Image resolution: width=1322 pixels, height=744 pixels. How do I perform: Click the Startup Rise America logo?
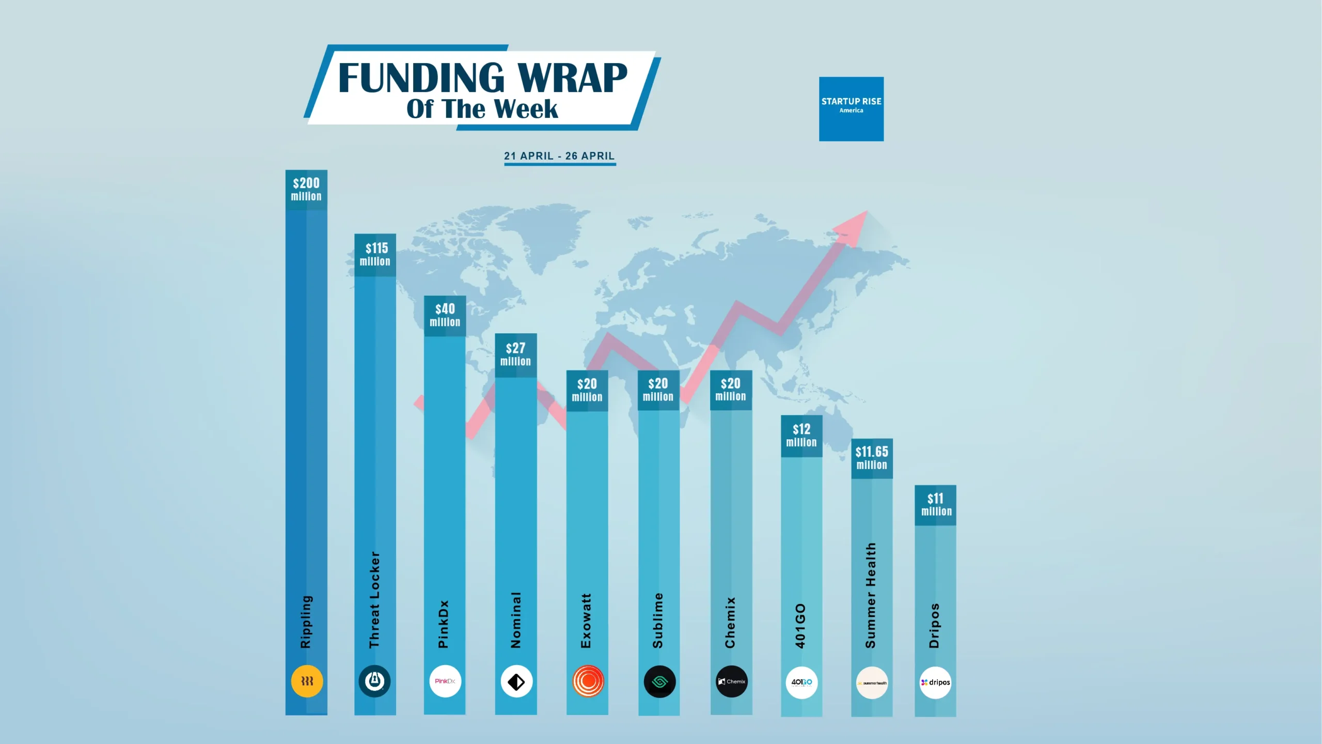(x=851, y=109)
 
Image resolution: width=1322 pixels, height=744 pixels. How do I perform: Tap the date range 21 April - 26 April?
(x=559, y=156)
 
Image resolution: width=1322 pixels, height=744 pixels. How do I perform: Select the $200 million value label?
(x=306, y=189)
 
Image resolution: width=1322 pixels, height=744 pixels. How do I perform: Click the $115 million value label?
(x=375, y=254)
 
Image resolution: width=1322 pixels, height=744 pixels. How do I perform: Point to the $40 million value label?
(x=445, y=315)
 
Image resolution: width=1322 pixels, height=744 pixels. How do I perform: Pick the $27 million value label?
(x=515, y=354)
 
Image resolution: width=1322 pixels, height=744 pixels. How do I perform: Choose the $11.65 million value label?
(x=872, y=458)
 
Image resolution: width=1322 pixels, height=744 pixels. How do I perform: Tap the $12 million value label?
(x=801, y=435)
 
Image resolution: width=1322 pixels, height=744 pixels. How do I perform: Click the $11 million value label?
(x=936, y=504)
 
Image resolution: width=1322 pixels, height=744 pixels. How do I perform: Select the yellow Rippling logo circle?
(x=307, y=681)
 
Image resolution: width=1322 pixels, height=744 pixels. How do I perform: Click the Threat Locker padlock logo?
(x=375, y=681)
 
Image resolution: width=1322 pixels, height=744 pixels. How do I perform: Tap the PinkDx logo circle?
(x=445, y=681)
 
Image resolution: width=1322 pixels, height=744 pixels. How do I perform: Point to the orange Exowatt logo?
(x=588, y=681)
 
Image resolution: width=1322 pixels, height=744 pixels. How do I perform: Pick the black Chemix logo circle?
(x=732, y=681)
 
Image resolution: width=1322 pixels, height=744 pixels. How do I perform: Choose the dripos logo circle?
(x=935, y=683)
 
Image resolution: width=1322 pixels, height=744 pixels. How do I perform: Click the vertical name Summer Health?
(x=871, y=595)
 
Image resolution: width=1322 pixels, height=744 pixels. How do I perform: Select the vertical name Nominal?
(x=515, y=620)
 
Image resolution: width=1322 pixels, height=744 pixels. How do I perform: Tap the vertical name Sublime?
(x=657, y=621)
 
